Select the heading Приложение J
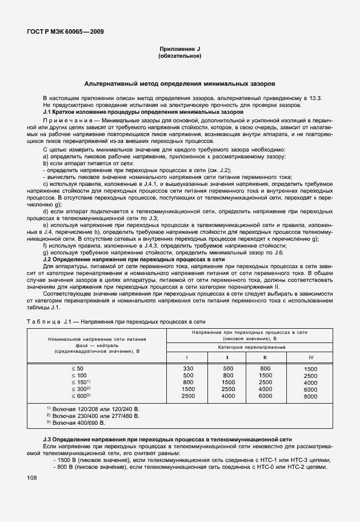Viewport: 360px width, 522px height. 179,50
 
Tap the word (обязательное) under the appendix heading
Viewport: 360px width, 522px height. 179,57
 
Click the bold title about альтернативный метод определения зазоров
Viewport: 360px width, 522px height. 179,83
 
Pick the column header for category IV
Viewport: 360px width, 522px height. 310,357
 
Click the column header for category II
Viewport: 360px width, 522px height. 227,357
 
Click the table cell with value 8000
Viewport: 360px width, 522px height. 310,396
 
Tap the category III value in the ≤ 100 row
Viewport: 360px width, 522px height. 265,376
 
